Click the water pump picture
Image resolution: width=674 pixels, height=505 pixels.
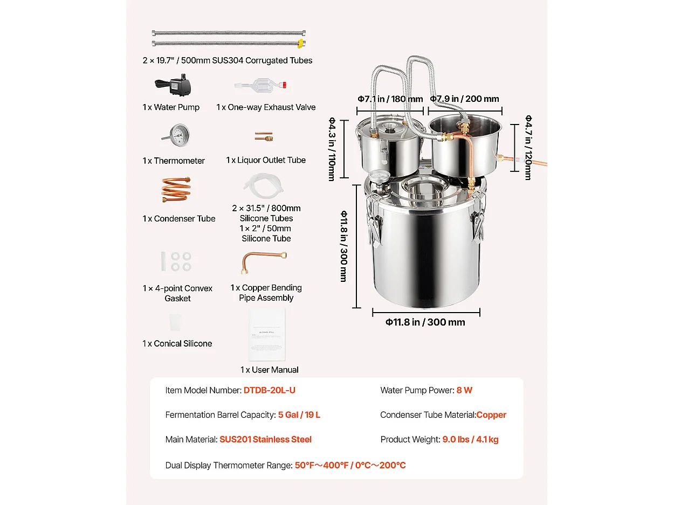click(x=174, y=85)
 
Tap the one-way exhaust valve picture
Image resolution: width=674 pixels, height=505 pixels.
click(x=260, y=86)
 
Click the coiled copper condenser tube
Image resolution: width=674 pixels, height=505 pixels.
click(x=176, y=190)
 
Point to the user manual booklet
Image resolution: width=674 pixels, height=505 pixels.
click(x=267, y=334)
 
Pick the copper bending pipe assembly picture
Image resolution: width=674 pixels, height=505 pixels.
click(x=263, y=262)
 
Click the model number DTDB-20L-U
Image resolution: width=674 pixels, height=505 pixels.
click(x=270, y=390)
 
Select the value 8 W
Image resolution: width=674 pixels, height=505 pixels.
click(x=464, y=390)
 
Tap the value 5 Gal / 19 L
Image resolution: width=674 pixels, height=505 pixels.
click(x=299, y=415)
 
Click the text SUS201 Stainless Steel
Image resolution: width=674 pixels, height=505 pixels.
click(x=265, y=439)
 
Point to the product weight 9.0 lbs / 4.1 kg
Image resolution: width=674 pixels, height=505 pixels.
click(x=470, y=439)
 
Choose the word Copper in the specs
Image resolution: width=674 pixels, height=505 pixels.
click(x=491, y=415)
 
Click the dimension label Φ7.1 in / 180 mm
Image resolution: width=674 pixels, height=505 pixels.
click(x=390, y=99)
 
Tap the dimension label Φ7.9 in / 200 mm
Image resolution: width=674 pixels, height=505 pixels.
click(x=464, y=99)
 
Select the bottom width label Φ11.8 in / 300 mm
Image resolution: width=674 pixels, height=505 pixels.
click(x=425, y=322)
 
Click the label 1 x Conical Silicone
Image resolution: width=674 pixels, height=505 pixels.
click(x=177, y=344)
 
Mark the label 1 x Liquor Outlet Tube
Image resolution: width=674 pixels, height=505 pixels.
click(x=266, y=161)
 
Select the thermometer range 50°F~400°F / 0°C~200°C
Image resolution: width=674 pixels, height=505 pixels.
click(x=350, y=465)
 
